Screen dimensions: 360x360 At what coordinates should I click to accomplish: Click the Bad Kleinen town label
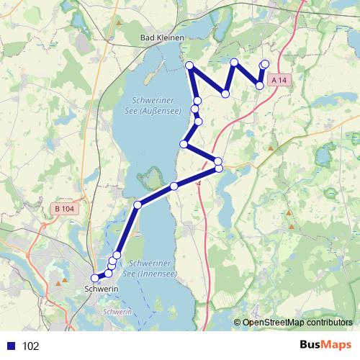pos(162,37)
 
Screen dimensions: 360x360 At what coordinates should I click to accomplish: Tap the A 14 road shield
pos(280,81)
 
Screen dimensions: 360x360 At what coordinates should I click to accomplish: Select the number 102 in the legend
pos(31,346)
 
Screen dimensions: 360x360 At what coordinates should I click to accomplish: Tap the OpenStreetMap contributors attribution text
pos(297,323)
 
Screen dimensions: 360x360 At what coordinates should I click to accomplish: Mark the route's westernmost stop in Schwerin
pos(94,278)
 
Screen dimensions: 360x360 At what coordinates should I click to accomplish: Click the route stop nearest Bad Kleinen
pos(190,66)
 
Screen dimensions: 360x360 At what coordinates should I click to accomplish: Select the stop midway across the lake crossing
pos(174,186)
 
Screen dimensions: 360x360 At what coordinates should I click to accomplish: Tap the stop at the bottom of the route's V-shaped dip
pos(225,94)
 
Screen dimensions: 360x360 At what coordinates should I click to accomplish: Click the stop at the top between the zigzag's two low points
pos(234,63)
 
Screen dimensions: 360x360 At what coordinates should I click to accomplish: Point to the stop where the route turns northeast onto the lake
pos(138,204)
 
